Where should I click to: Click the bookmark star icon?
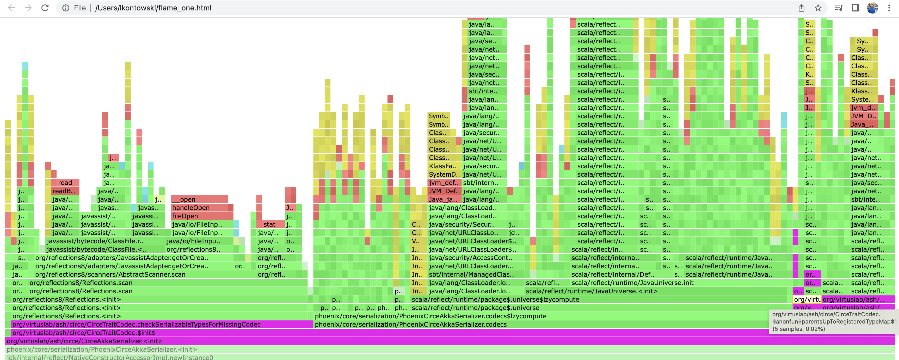[x=818, y=8]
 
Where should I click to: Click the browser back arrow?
[x=11, y=8]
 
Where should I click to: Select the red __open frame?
[x=199, y=199]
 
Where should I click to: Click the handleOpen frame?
[x=199, y=208]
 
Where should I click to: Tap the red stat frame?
[x=270, y=224]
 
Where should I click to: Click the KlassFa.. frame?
[x=442, y=166]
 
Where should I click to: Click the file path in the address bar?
[x=153, y=8]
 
